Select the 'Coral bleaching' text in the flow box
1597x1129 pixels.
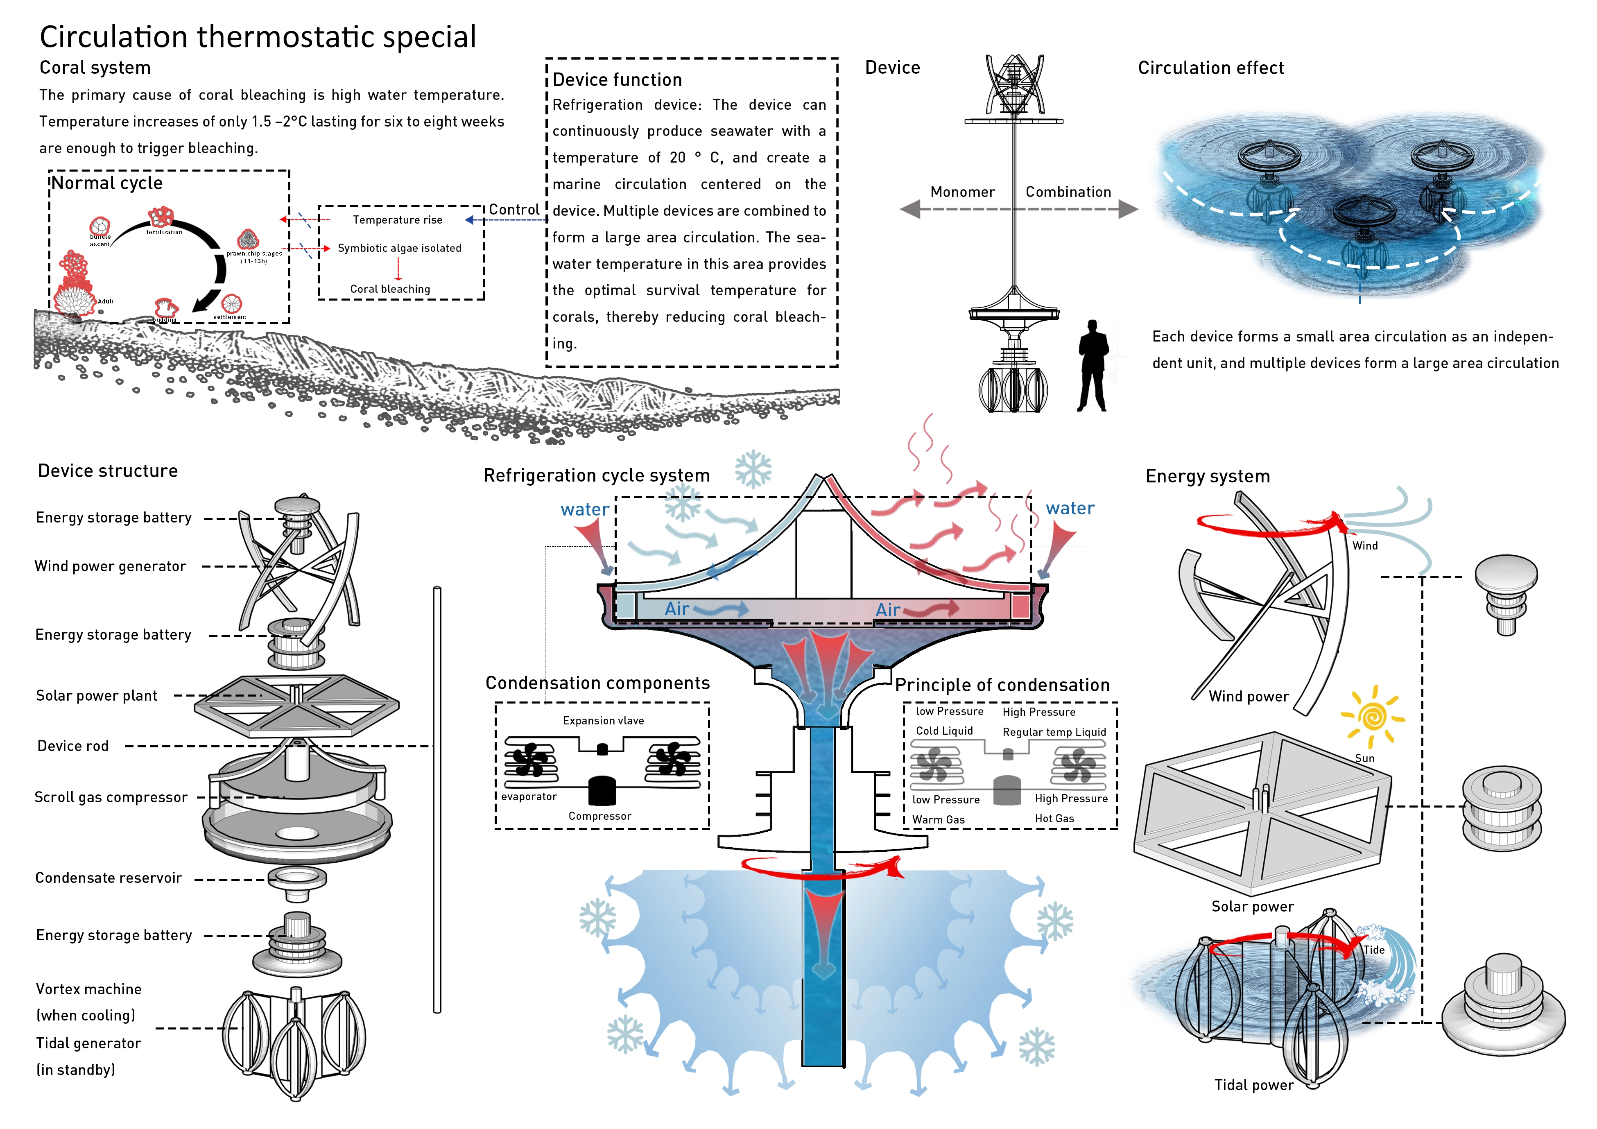coord(390,289)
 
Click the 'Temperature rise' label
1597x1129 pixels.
coord(397,220)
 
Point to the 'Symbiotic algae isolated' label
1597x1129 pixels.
coord(399,248)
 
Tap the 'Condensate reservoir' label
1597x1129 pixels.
coord(109,878)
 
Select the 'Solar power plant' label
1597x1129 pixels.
coord(97,696)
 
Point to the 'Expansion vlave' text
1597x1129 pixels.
coord(603,721)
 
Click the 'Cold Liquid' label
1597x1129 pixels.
coord(944,731)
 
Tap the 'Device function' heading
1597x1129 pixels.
coord(617,80)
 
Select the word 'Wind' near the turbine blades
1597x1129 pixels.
coord(1365,546)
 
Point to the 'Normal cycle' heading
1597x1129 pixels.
coord(107,183)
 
